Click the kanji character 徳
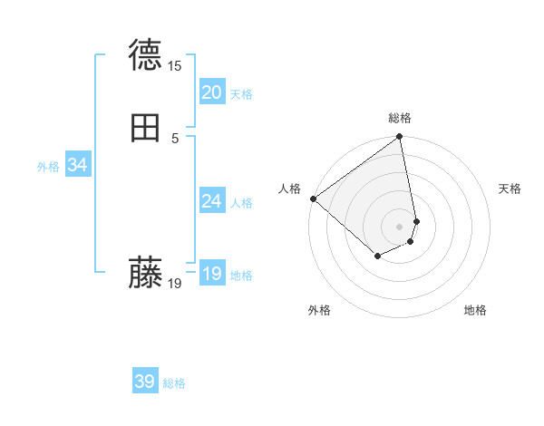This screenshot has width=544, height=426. pos(145,55)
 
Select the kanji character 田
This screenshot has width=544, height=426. pos(145,128)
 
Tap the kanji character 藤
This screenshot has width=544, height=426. pos(145,273)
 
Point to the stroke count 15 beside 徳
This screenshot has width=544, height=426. pos(174,66)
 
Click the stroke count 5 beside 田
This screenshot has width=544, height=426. pos(175,139)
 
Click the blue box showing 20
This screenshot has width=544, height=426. pos(212,92)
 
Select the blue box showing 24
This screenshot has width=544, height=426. pos(212,201)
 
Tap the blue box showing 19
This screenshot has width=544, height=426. pos(212,274)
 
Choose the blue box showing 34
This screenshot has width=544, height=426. pos(77,165)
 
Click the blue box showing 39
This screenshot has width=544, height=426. pos(145,382)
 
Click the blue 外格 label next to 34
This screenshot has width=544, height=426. pos(48,167)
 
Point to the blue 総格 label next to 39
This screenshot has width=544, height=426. pos(174,384)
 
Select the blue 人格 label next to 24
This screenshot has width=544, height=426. pos(242,203)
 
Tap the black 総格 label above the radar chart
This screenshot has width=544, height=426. pos(400,118)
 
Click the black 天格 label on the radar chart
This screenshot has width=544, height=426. pos(510,189)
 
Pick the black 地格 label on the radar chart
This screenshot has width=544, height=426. pos(475,310)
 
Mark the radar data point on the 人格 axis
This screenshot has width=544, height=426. pos(313,198)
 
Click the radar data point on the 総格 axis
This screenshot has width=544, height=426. pos(400,138)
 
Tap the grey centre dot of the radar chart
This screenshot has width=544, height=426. pos(400,226)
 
